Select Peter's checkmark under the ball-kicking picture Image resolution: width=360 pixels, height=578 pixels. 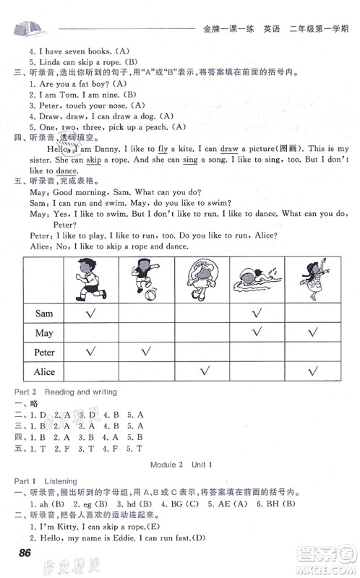(145, 352)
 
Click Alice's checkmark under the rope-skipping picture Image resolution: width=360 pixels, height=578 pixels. (204, 371)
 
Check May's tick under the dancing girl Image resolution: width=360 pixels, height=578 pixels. (312, 332)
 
